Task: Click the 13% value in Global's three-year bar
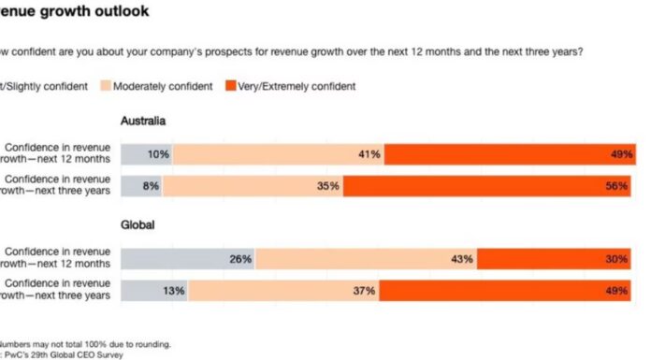(x=172, y=291)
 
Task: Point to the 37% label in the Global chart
(x=364, y=291)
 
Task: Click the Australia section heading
(x=145, y=122)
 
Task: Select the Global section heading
(x=137, y=225)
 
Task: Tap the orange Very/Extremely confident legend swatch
(x=232, y=86)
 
